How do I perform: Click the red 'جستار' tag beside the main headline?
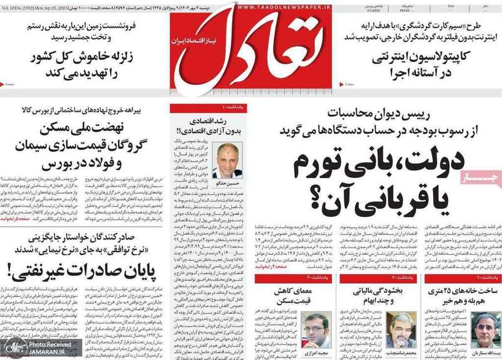[x=482, y=179]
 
